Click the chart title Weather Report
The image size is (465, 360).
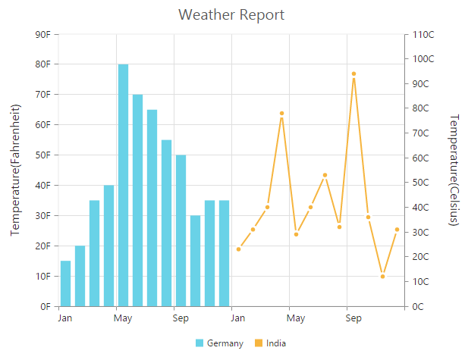[x=232, y=14]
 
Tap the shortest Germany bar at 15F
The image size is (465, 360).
[x=65, y=283]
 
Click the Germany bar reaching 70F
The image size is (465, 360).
[x=137, y=200]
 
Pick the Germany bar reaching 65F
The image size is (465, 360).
[x=152, y=208]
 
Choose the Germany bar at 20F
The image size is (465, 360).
[x=80, y=276]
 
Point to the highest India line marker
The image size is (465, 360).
[x=353, y=74]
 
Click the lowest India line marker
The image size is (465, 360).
[x=382, y=277]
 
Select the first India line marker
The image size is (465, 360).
[x=238, y=249]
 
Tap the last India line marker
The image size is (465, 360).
[x=397, y=229]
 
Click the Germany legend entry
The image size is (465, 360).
[x=220, y=343]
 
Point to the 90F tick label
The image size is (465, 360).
[x=42, y=34]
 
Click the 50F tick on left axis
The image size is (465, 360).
[x=42, y=155]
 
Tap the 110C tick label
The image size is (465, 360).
[x=423, y=34]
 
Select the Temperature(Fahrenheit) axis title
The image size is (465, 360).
[x=14, y=170]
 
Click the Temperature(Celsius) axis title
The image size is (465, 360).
[x=454, y=170]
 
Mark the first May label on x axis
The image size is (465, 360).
[x=123, y=318]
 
